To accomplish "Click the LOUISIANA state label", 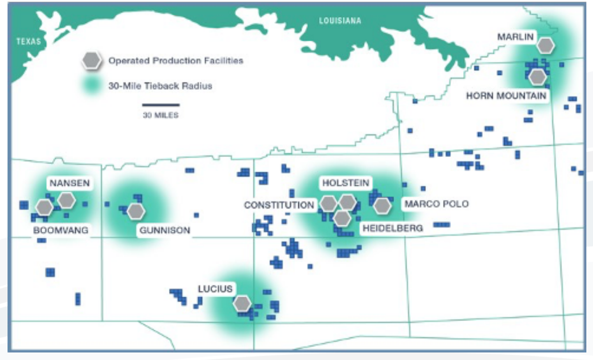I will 340,20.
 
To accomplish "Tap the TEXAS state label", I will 28,42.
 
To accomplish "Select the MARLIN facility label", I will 515,37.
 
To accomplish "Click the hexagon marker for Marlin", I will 546,45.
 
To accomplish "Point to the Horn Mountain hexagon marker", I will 538,77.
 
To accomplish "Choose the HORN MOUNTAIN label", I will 506,96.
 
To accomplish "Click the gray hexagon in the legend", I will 92,61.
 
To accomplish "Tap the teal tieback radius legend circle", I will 92,85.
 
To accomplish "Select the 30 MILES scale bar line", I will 161,105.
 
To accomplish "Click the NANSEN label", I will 69,183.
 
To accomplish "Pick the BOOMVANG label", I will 60,230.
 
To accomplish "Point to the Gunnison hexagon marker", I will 136,211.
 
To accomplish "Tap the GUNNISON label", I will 165,230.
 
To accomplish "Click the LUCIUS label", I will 215,289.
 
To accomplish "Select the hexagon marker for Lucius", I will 242,303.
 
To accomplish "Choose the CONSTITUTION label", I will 279,205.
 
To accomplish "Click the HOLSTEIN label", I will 346,183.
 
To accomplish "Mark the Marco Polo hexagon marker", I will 382,205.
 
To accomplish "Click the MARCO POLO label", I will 436,204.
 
